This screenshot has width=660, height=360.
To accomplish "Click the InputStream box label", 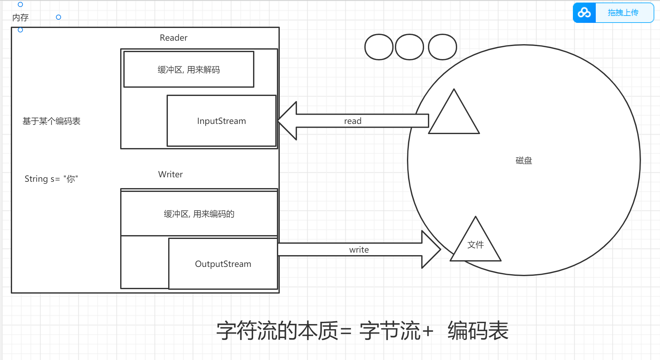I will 221,121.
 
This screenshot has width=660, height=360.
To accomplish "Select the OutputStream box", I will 223,264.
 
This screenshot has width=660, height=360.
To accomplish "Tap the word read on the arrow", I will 353,121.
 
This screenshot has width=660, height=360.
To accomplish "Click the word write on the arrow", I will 359,250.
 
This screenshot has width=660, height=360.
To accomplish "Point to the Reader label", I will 173,38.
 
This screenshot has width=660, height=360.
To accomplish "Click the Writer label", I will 170,174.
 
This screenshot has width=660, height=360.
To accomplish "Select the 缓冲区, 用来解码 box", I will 189,70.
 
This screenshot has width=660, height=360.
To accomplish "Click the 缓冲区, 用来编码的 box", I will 199,214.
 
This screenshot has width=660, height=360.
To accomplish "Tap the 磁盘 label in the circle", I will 524,160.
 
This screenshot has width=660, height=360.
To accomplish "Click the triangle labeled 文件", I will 475,245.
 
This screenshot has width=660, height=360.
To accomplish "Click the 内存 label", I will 20,17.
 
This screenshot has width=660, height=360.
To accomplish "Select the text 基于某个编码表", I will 52,121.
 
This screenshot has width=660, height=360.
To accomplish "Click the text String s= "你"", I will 51,179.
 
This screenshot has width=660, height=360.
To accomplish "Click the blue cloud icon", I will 584,13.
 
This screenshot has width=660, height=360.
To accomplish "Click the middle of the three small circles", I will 409,47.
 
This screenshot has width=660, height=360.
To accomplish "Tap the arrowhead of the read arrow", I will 288,121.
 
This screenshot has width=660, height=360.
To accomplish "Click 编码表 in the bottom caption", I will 478,331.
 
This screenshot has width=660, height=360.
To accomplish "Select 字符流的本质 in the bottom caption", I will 277,331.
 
